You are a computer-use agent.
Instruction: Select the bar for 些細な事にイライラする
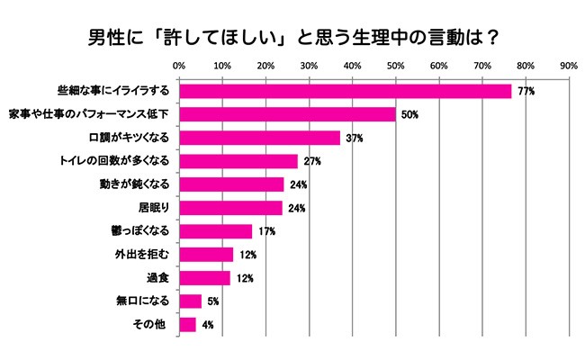[345, 91]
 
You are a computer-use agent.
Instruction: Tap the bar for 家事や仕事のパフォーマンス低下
[287, 114]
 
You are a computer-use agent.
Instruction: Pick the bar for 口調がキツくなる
[259, 138]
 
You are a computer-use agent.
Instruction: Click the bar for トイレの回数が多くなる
[238, 161]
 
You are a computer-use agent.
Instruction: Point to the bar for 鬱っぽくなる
[215, 231]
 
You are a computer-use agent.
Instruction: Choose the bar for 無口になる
[190, 301]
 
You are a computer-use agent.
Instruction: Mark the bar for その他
[187, 324]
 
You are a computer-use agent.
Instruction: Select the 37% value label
[354, 139]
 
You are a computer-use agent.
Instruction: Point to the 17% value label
[265, 232]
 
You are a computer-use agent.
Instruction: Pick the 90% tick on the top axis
[568, 66]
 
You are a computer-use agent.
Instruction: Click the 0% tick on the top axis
[178, 66]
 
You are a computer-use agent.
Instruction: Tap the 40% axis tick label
[352, 66]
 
